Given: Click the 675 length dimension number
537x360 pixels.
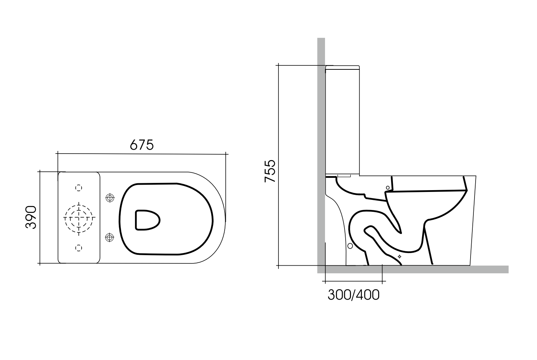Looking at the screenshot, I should pyautogui.click(x=142, y=145).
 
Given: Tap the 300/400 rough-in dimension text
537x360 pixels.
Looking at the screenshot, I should pyautogui.click(x=353, y=295).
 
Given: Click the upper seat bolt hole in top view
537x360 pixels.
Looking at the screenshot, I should pyautogui.click(x=109, y=198).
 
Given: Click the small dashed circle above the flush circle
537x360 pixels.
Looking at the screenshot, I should pyautogui.click(x=79, y=188).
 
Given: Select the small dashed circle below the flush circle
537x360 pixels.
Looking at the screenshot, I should pyautogui.click(x=79, y=248).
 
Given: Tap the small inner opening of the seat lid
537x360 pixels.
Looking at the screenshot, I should pyautogui.click(x=147, y=219).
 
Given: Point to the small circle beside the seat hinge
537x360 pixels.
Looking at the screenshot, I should pyautogui.click(x=388, y=188).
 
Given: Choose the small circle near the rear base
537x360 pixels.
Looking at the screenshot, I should pyautogui.click(x=350, y=246).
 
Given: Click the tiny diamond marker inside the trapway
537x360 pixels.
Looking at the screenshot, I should pyautogui.click(x=399, y=256).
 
